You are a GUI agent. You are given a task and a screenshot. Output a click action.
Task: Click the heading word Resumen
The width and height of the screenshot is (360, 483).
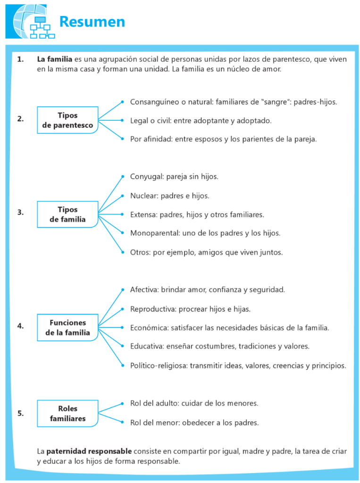pyautogui.click(x=92, y=22)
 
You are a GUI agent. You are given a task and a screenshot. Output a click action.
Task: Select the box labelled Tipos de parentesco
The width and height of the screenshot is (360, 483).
pyautogui.click(x=67, y=120)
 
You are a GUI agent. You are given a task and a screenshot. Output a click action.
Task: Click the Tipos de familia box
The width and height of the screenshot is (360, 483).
pyautogui.click(x=67, y=214)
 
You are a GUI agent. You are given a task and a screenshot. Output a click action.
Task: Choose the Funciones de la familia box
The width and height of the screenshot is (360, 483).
pyautogui.click(x=67, y=327)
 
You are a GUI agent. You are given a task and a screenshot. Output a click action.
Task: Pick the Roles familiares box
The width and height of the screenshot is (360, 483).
pyautogui.click(x=67, y=413)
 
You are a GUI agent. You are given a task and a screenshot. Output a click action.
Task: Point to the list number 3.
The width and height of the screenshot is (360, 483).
pyautogui.click(x=20, y=212)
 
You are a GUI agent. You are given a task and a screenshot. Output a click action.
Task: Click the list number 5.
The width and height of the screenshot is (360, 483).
pyautogui.click(x=20, y=413)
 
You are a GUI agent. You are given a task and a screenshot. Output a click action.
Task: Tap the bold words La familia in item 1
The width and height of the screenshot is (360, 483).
pyautogui.click(x=54, y=59)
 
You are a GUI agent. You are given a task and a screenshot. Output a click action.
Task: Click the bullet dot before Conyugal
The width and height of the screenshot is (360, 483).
pyautogui.click(x=122, y=176)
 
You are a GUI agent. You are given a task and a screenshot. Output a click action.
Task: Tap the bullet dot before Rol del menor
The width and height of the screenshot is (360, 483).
pyautogui.click(x=122, y=422)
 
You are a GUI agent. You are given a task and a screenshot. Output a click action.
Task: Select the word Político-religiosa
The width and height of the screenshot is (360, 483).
pyautogui.click(x=159, y=366)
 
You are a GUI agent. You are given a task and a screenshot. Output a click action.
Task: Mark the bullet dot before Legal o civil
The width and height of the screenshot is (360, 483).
pyautogui.click(x=122, y=120)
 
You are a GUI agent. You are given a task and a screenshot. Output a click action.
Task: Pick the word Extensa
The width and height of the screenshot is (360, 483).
pyautogui.click(x=143, y=215)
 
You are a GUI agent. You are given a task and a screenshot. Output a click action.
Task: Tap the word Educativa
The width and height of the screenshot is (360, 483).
pyautogui.click(x=147, y=346)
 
